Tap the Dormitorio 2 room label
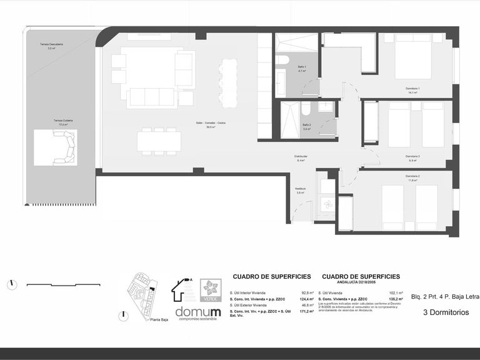coord(412,177)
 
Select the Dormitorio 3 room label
coord(412,157)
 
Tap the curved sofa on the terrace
coord(64,148)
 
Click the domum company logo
coord(197,312)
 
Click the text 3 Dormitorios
coord(446,312)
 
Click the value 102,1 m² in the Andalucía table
coord(392,292)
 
